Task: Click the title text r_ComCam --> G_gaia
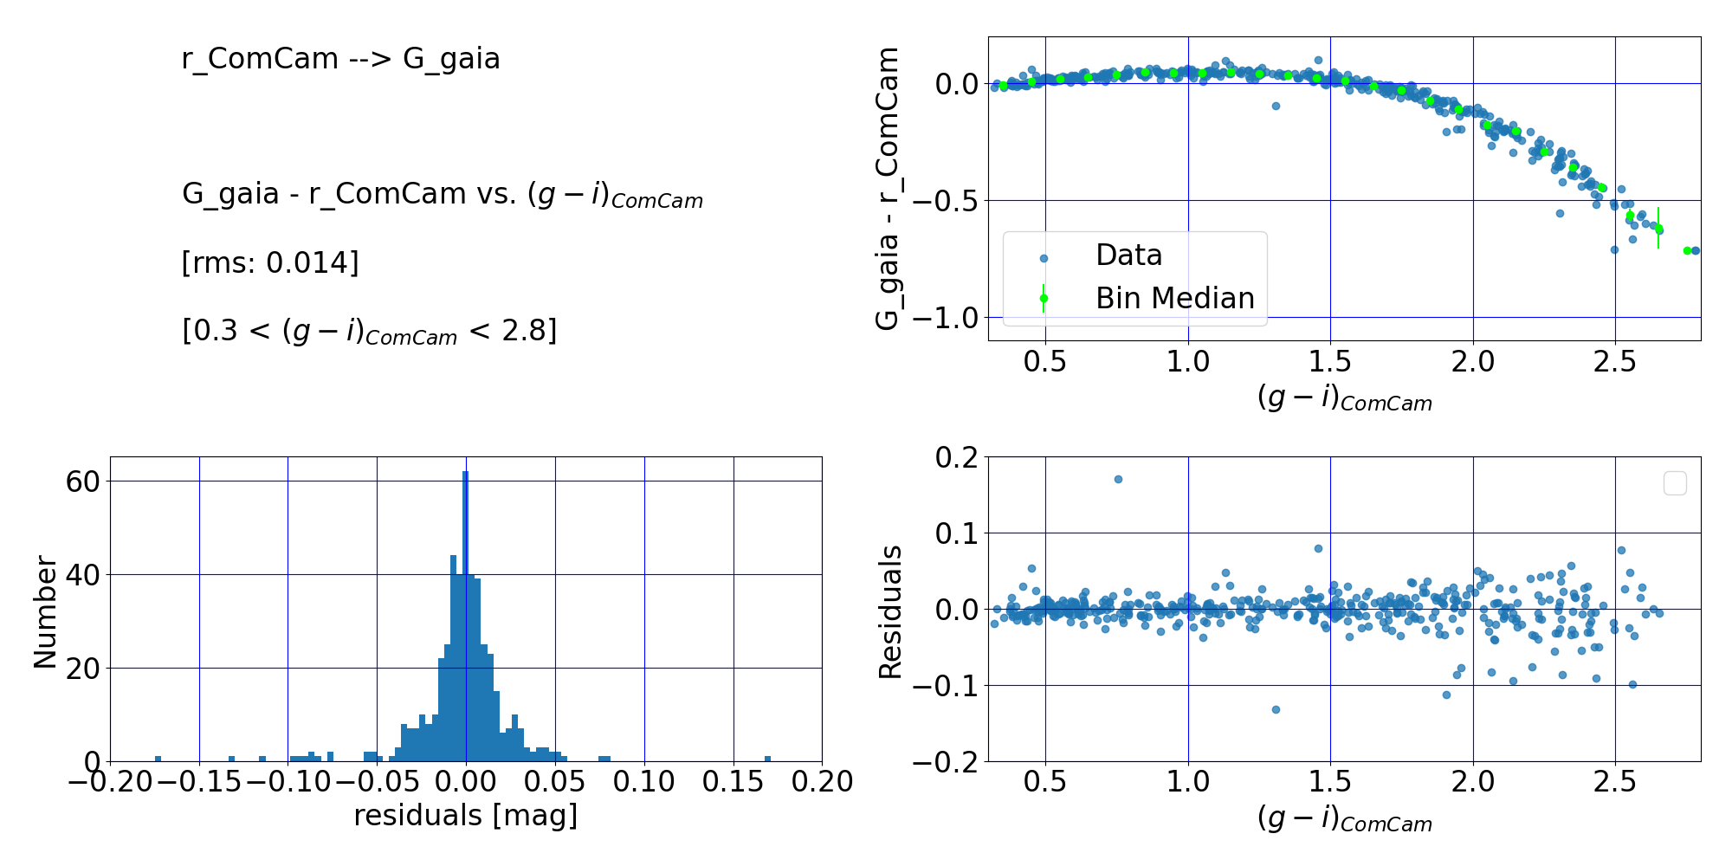click(340, 59)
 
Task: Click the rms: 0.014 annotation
click(270, 262)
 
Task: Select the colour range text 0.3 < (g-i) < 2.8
click(370, 332)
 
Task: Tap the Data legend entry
click(1128, 255)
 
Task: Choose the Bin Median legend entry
click(1174, 299)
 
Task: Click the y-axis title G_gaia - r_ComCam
click(888, 189)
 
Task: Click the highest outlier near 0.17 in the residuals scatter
click(1118, 479)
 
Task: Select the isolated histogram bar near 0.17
click(767, 759)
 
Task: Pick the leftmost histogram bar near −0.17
click(158, 759)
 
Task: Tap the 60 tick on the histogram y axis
click(83, 481)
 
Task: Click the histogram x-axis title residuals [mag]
click(465, 816)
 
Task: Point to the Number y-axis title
click(45, 611)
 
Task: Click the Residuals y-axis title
click(890, 611)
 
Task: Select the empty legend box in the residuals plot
click(1675, 483)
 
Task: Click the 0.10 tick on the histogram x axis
click(643, 782)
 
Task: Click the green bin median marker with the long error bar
click(1658, 229)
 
